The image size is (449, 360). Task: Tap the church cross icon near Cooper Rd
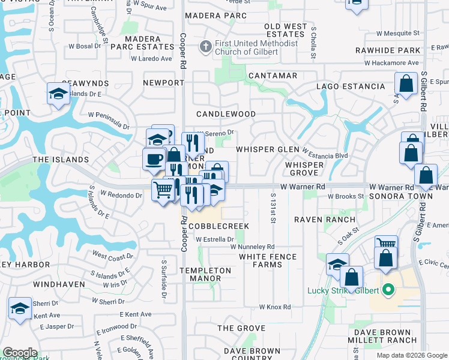click(x=205, y=45)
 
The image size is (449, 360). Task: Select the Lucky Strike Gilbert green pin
click(x=388, y=290)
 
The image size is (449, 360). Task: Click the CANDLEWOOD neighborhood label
click(x=226, y=114)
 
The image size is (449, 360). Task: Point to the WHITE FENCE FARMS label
click(x=268, y=260)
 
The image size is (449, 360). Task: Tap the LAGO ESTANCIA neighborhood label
click(x=351, y=86)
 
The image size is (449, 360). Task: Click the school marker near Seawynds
click(x=58, y=94)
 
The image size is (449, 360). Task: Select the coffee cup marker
click(x=154, y=159)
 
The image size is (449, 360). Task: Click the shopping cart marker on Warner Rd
click(x=163, y=191)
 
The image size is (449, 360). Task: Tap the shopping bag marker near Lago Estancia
click(x=406, y=84)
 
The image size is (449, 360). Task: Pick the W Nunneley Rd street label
click(x=252, y=247)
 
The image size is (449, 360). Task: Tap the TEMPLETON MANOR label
click(x=205, y=275)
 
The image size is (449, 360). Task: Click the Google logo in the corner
click(x=20, y=353)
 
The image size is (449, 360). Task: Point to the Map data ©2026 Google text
click(x=411, y=355)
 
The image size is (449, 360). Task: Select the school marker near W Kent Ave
click(x=20, y=308)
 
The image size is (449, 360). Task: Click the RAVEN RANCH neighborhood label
click(x=325, y=220)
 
